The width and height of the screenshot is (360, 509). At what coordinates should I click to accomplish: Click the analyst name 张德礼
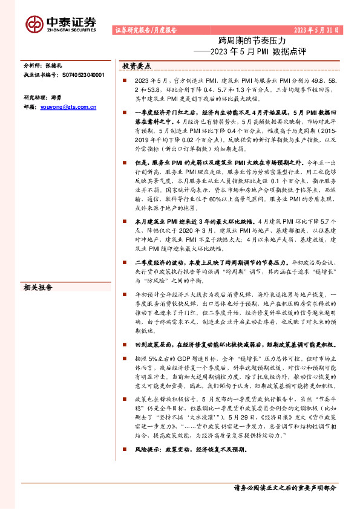[53, 64]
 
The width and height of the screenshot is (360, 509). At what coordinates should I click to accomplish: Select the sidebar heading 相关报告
[38, 287]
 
